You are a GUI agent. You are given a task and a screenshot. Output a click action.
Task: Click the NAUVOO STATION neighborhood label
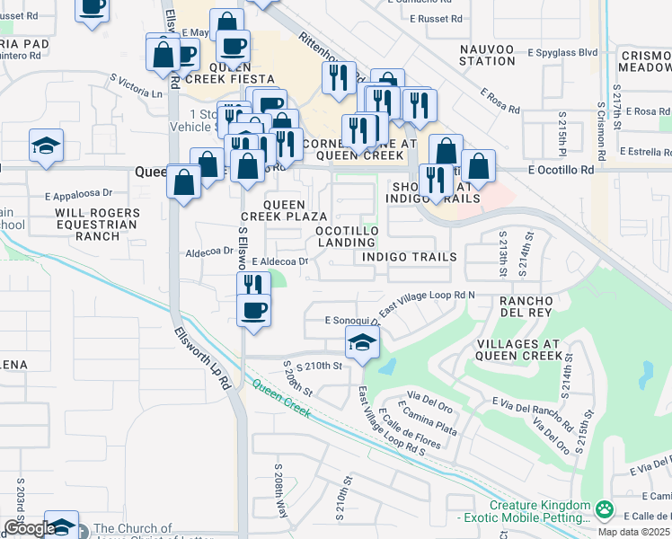click(x=486, y=54)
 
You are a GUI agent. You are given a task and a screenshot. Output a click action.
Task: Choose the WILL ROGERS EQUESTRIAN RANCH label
click(x=87, y=225)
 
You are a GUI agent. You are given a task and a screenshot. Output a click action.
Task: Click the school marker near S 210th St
click(x=362, y=342)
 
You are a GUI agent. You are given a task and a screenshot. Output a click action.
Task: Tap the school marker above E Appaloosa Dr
click(x=46, y=145)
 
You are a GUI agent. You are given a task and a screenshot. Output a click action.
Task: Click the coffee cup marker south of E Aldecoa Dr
click(x=253, y=311)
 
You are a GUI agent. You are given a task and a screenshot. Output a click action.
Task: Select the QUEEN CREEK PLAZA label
click(x=282, y=210)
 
